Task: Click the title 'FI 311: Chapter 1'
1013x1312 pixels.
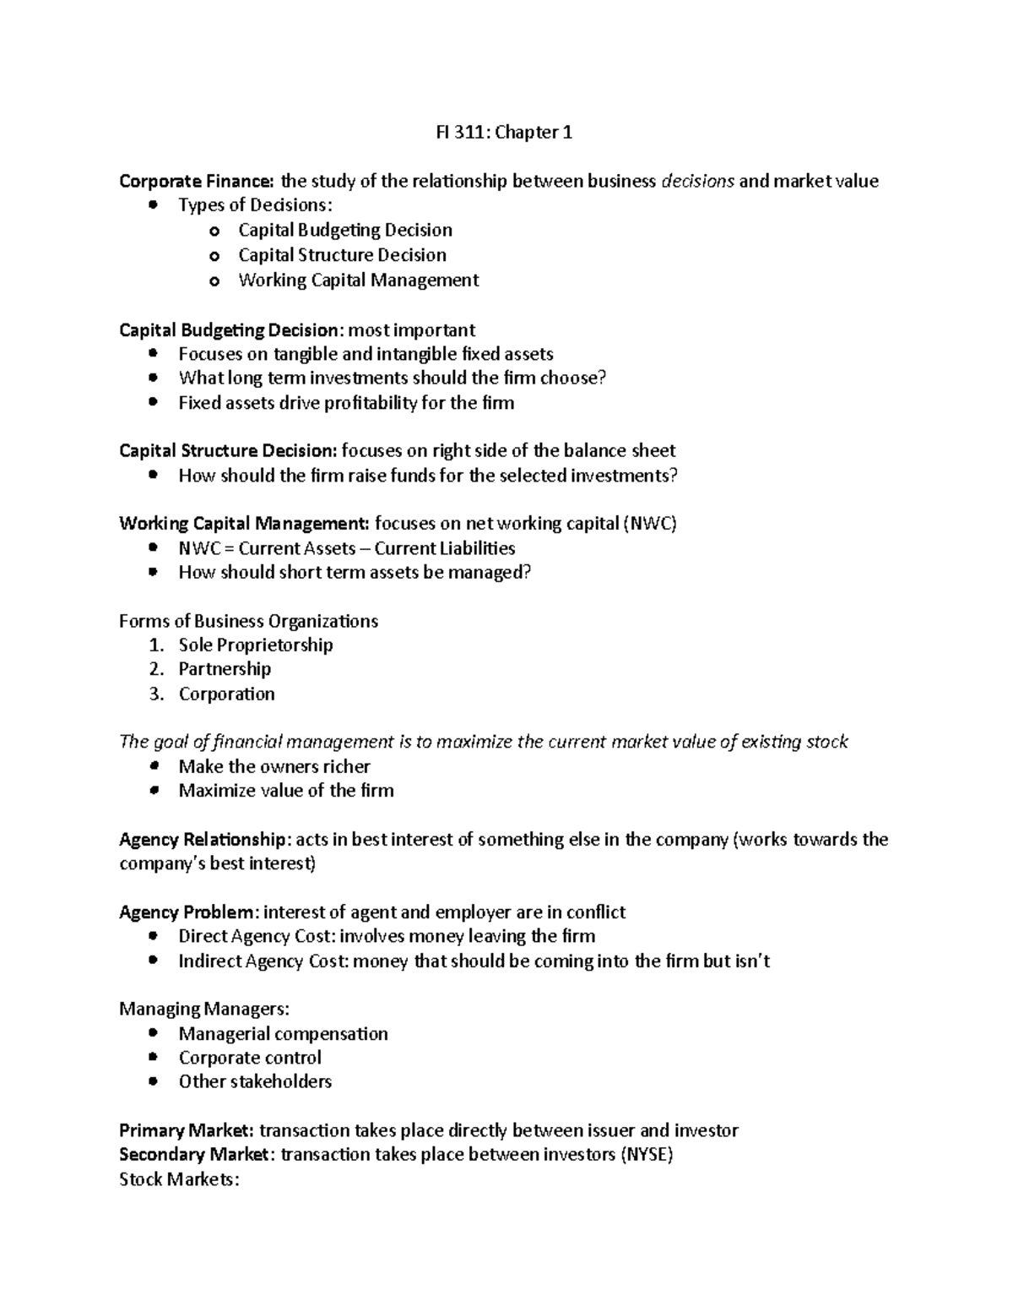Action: click(499, 132)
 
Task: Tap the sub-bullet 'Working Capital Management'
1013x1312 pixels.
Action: click(358, 280)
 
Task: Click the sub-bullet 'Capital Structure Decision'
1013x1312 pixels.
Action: click(342, 255)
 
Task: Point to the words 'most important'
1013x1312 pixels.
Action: click(412, 329)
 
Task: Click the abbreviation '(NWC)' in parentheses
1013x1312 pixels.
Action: click(649, 524)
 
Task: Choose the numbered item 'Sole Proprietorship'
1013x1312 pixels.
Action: click(256, 645)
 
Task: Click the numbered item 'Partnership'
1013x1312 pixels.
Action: click(225, 669)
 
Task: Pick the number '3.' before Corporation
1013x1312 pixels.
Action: click(156, 694)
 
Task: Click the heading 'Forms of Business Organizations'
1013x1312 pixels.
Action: click(248, 621)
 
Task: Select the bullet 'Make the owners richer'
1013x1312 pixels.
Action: click(274, 766)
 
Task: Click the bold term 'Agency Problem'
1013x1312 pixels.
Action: click(187, 912)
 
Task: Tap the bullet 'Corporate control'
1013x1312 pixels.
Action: click(250, 1058)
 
